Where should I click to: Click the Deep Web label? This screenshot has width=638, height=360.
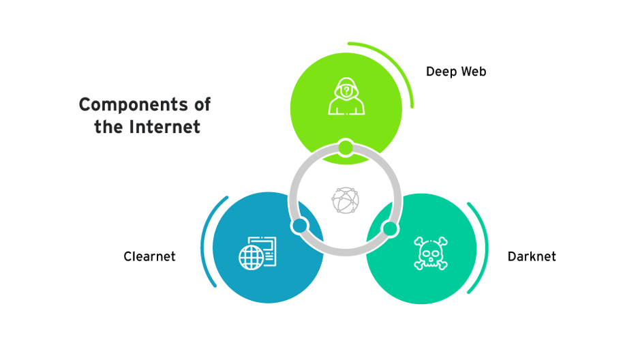coord(456,72)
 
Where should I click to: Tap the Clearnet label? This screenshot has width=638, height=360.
coord(149,256)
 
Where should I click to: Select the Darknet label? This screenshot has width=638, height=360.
coord(532,256)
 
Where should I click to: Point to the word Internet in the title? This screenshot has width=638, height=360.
coord(167,127)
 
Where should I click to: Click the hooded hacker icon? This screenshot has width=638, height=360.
coord(346,97)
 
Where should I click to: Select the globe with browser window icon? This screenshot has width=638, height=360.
coord(258,252)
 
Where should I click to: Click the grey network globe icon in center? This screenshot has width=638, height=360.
coord(345,200)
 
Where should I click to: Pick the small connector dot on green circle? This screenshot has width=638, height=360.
coord(346,147)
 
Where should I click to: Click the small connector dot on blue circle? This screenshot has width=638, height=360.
coord(300,226)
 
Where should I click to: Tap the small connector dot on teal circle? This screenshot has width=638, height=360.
coord(390,228)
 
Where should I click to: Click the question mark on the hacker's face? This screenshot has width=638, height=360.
coord(346,89)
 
